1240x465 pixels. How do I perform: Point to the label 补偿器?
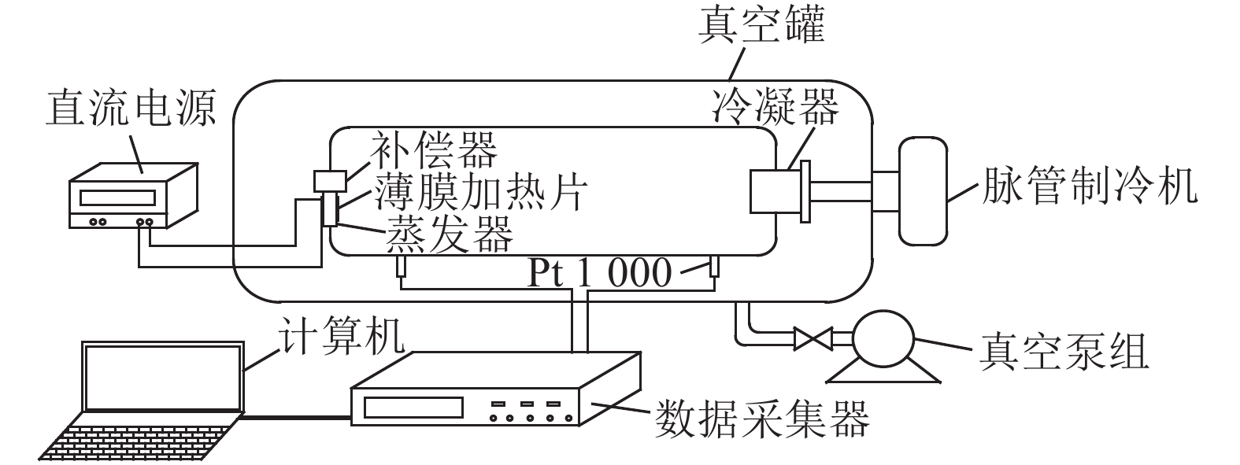(x=434, y=149)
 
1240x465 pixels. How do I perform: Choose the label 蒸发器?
(x=449, y=232)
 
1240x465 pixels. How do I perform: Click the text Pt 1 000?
(x=600, y=273)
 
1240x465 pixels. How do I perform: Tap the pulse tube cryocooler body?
(x=924, y=190)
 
